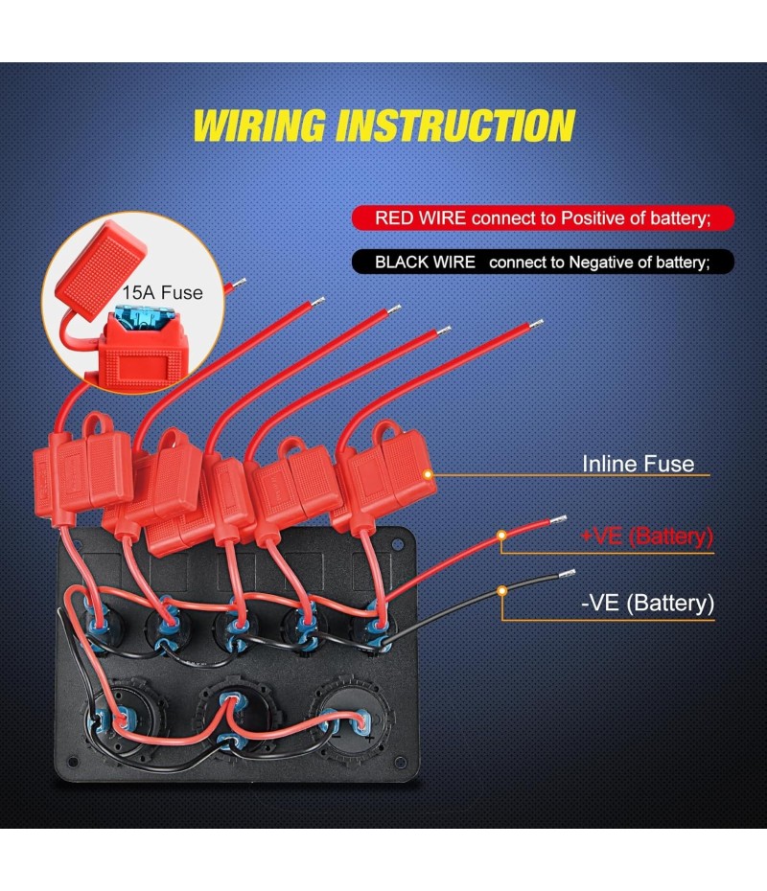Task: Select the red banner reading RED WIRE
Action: (543, 217)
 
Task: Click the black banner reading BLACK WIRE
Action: (543, 261)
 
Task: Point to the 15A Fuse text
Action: (162, 292)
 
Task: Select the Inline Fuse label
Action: (638, 464)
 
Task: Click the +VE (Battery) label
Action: (647, 536)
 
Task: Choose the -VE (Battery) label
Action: (647, 604)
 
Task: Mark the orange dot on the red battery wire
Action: (500, 537)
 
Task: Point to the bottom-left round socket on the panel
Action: (113, 719)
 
